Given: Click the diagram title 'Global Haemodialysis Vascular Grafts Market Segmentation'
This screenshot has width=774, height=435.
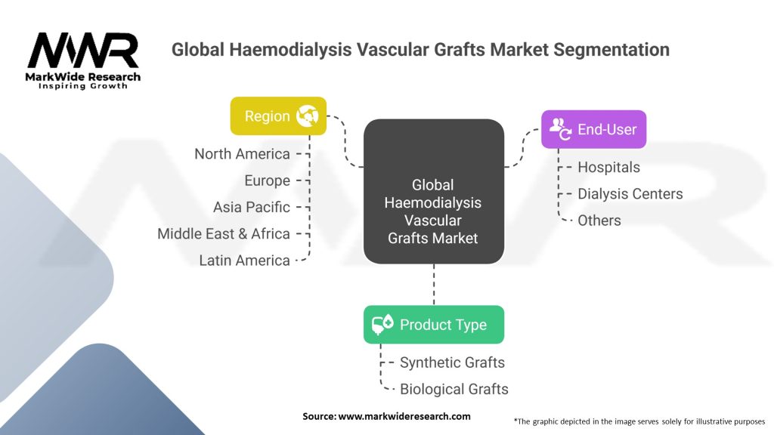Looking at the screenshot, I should (420, 50).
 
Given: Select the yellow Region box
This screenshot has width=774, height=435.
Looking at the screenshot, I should (278, 116).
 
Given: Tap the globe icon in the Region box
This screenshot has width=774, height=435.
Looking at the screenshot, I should (308, 116).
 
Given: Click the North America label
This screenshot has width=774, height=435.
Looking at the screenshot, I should (242, 154).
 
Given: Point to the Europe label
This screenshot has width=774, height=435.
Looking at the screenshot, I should (267, 180).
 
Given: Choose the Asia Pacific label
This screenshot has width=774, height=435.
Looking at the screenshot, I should (251, 207).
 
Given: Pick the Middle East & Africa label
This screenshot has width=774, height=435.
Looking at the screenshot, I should (224, 233).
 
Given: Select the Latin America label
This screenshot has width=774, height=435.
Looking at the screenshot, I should (244, 260).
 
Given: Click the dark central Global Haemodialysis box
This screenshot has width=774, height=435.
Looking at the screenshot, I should (433, 192).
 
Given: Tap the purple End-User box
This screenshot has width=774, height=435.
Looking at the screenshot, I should (593, 129).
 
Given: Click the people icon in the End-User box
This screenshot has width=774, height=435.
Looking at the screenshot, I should (560, 129).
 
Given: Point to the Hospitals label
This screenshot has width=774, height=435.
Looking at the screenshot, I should (608, 167).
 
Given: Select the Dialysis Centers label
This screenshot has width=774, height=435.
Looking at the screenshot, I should (630, 194).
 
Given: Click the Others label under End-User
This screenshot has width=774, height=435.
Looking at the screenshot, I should (599, 221).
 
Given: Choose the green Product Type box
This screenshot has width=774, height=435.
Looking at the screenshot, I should (433, 325).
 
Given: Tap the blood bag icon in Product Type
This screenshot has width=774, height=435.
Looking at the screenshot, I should (382, 325).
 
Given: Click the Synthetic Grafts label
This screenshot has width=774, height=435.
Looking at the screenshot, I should (452, 362).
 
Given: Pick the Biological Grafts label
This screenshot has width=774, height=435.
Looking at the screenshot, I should (454, 389).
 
